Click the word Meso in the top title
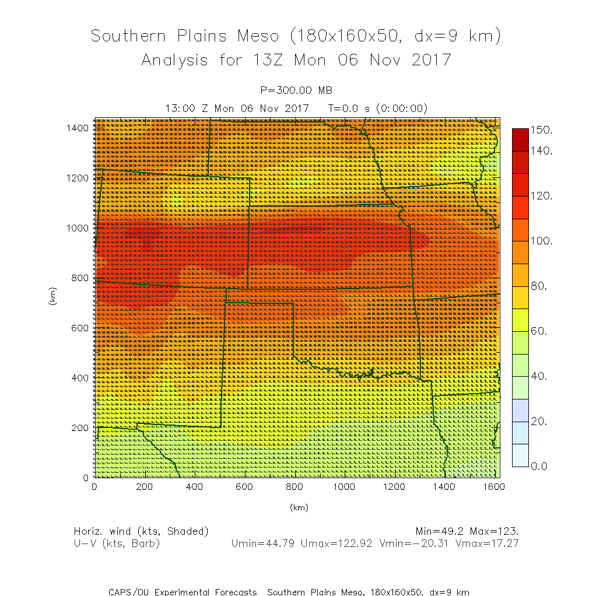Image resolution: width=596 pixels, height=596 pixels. pyautogui.click(x=258, y=36)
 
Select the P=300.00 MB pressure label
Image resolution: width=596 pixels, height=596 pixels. pyautogui.click(x=297, y=90)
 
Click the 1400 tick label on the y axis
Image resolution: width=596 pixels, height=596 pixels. pyautogui.click(x=77, y=127)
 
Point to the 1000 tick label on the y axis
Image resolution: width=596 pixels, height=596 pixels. pyautogui.click(x=77, y=227)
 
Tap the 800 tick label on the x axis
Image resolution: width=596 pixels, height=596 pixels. pyautogui.click(x=295, y=487)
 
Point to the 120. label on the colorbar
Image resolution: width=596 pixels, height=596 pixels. pyautogui.click(x=543, y=196)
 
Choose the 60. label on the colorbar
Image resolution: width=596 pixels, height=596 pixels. pyautogui.click(x=541, y=331)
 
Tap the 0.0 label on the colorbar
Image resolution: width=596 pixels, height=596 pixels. pyautogui.click(x=541, y=466)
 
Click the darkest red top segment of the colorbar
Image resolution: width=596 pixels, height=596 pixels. pyautogui.click(x=520, y=139)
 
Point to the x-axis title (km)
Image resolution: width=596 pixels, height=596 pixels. pyautogui.click(x=299, y=507)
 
